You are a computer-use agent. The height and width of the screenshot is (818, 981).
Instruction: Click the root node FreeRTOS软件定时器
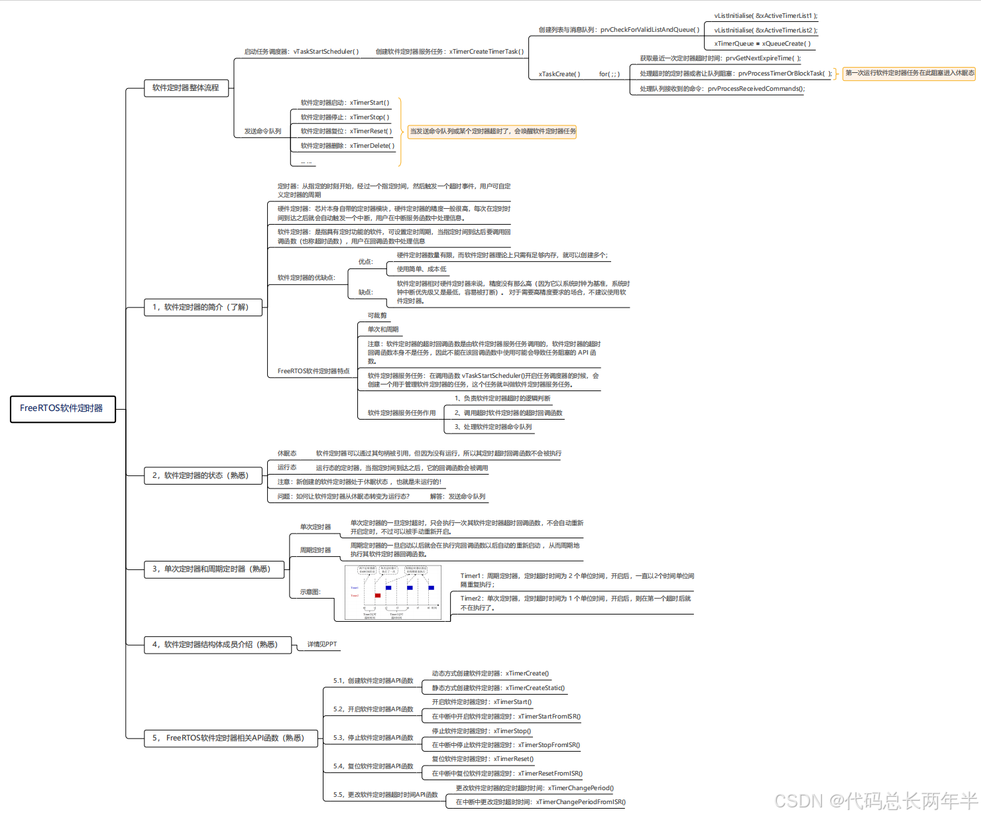click(x=62, y=408)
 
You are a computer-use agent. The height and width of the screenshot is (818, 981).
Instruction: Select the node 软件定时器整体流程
click(x=186, y=88)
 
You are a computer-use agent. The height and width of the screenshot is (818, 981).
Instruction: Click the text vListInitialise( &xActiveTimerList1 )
click(x=766, y=16)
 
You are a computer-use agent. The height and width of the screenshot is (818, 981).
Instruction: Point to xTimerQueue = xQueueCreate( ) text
click(x=762, y=44)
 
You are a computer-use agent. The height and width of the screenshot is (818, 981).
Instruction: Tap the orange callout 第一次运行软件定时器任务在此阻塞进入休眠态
click(x=909, y=73)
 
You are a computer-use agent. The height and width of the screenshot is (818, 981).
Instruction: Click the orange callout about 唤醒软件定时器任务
click(x=492, y=131)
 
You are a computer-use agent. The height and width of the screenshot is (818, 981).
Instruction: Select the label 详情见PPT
click(x=322, y=644)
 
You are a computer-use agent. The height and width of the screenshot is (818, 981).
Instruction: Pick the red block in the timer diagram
click(x=378, y=595)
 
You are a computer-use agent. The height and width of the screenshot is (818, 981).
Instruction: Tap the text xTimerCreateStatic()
click(x=535, y=688)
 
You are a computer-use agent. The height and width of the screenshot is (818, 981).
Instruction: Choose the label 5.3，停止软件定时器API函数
click(x=373, y=738)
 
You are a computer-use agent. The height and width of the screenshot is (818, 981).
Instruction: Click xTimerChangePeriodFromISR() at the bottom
click(x=581, y=802)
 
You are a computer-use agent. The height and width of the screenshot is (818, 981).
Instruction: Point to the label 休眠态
click(x=287, y=453)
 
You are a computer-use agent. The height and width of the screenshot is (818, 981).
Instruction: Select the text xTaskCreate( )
click(x=559, y=74)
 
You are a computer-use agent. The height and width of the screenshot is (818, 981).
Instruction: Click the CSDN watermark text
click(x=876, y=801)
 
